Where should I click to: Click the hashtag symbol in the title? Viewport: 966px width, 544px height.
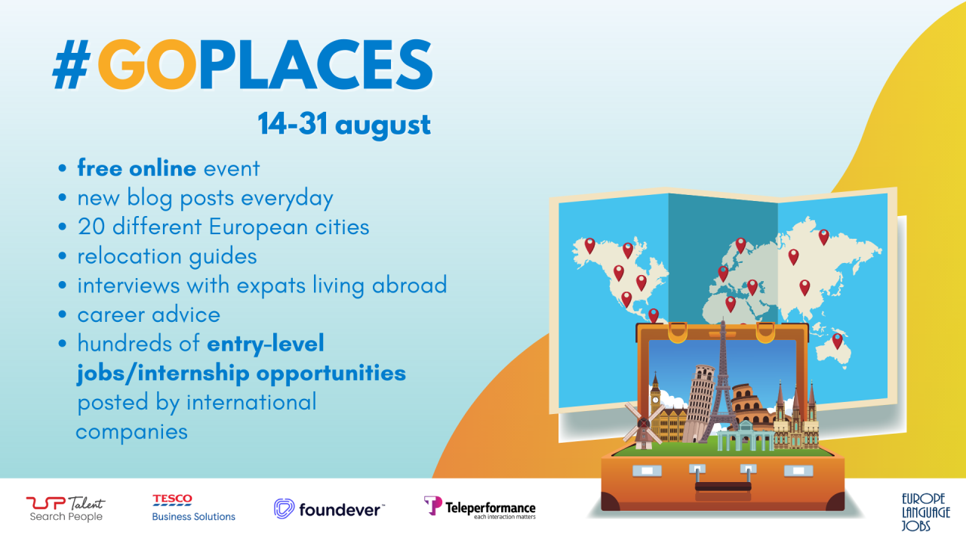[72, 64]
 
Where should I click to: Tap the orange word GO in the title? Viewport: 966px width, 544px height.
[147, 64]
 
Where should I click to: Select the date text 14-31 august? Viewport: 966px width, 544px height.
[344, 125]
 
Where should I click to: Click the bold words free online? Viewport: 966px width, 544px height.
[137, 168]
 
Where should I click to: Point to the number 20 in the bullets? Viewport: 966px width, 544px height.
[91, 227]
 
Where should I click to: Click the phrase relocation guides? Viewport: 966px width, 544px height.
[167, 256]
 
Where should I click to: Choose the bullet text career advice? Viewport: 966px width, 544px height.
[149, 315]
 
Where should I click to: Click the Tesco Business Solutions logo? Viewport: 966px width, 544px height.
[194, 508]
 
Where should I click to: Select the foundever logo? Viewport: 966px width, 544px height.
[328, 508]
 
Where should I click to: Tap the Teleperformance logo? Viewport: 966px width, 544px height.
[479, 508]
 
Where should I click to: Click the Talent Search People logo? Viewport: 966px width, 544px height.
[66, 509]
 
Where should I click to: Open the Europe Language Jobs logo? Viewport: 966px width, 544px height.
[925, 512]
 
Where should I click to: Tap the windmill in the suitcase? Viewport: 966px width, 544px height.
[643, 425]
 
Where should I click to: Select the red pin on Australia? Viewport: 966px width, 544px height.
[837, 341]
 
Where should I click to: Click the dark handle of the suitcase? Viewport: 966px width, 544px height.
[723, 487]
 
